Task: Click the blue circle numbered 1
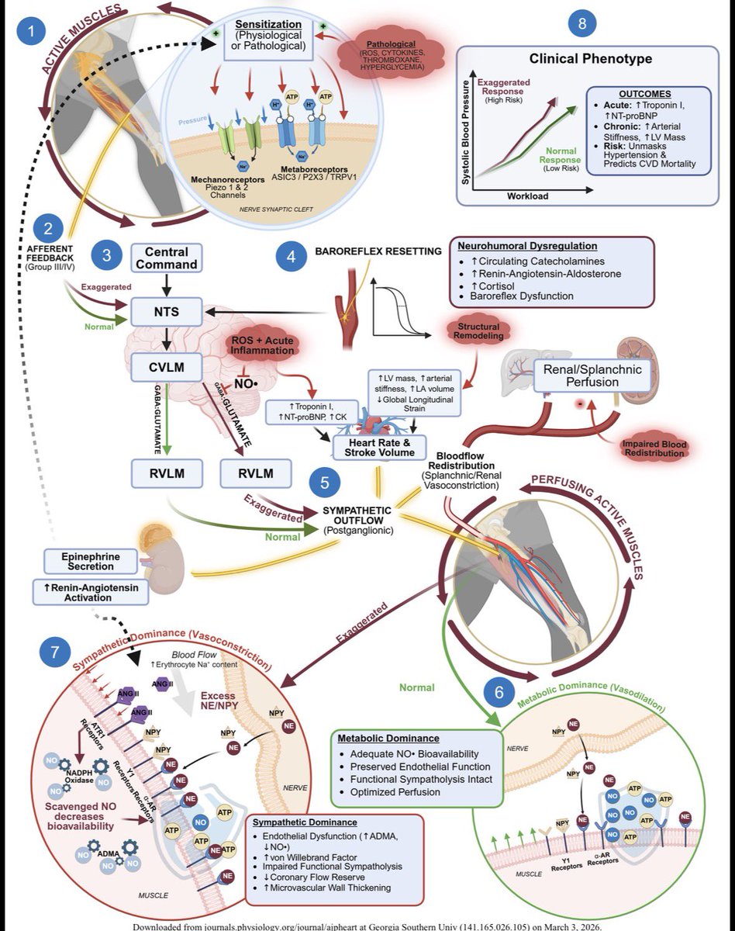click(x=31, y=34)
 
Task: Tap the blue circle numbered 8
click(x=582, y=23)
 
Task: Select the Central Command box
click(x=167, y=258)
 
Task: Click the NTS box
click(x=167, y=312)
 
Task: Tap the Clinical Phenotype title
click(x=591, y=58)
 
